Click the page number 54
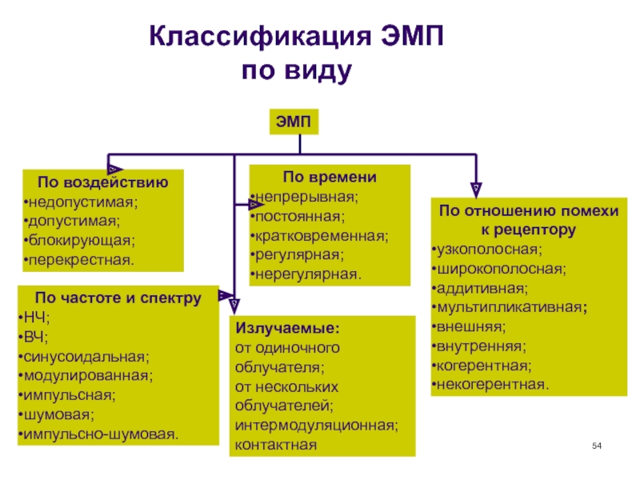click(596, 444)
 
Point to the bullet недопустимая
click(81, 202)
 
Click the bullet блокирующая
click(78, 241)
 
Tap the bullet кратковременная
click(320, 236)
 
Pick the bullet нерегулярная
click(306, 274)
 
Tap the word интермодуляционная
click(315, 425)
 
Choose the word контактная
click(275, 445)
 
